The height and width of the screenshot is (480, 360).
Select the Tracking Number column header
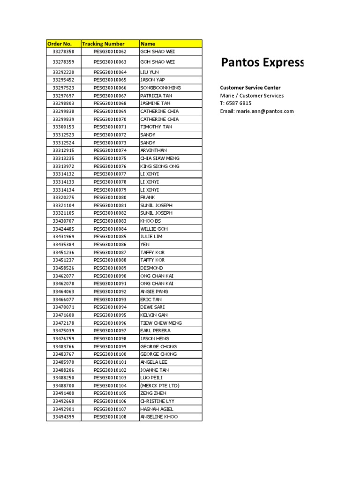[99, 44]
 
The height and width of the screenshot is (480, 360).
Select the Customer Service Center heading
[250, 88]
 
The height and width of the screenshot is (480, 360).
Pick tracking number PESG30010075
[110, 158]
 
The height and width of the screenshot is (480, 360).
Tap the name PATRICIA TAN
[156, 96]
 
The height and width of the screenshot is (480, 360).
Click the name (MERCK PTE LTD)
[160, 386]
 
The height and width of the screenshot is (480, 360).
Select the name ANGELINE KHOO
[159, 417]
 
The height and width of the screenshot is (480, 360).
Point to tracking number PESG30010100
[110, 354]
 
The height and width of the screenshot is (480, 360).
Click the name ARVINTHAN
[153, 150]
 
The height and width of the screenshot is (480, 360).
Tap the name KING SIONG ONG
[160, 166]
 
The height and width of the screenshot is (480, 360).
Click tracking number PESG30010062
[110, 52]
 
